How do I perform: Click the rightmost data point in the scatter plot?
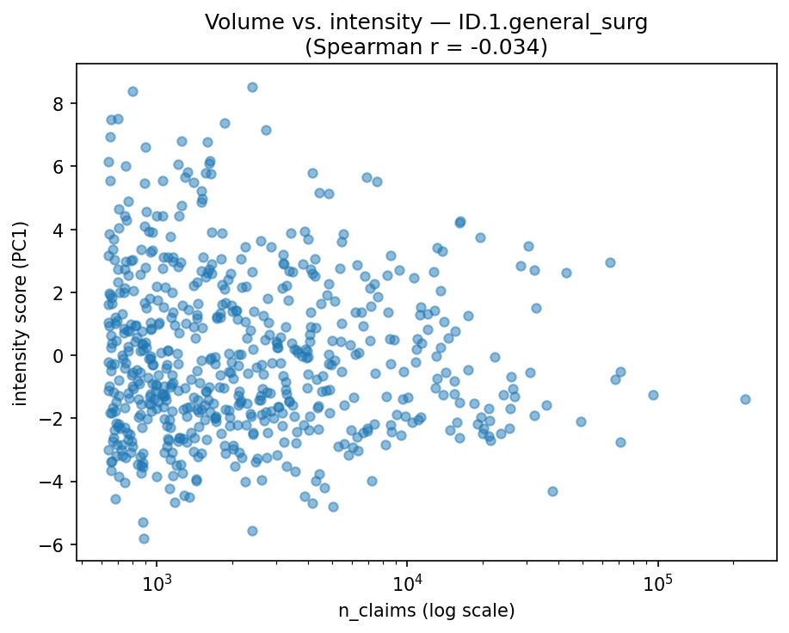745,399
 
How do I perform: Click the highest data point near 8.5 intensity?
252,87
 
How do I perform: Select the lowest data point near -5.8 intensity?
144,538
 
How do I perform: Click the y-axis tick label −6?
57,544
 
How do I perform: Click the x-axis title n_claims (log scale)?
426,611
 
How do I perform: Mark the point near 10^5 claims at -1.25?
653,395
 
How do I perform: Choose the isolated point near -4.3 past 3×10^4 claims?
552,491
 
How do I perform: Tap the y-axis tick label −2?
57,419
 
